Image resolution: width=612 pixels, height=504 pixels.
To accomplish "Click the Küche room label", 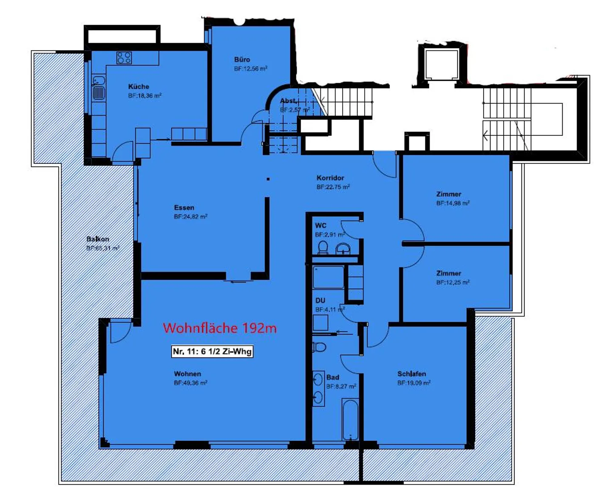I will click(139, 87).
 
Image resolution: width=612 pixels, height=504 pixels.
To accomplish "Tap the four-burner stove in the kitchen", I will click(124, 58).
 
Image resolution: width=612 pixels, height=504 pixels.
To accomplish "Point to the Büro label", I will click(242, 60).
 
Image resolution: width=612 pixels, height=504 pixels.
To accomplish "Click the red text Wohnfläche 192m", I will click(220, 328).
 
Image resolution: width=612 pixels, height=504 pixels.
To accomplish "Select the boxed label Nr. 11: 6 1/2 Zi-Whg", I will click(212, 352).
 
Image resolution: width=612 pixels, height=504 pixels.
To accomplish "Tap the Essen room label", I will click(184, 208).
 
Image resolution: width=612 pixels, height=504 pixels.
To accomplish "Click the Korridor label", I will click(330, 178).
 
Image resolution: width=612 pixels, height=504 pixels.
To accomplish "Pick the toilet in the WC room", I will click(323, 248).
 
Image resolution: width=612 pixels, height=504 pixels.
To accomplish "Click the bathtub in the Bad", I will click(350, 420).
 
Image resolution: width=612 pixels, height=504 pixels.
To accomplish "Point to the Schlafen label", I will click(411, 374).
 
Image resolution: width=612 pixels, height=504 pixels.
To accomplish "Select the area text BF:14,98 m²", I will click(453, 203).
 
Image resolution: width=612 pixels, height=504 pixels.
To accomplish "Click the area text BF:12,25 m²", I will click(453, 282).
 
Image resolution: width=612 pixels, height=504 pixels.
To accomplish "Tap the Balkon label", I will click(98, 239).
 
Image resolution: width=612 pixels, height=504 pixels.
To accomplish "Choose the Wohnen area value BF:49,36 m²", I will click(190, 383).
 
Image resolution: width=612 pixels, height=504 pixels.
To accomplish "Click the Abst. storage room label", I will click(289, 101).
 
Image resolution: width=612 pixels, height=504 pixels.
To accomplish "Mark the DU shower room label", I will click(320, 301).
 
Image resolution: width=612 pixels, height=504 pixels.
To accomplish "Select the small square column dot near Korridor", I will click(268, 179).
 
